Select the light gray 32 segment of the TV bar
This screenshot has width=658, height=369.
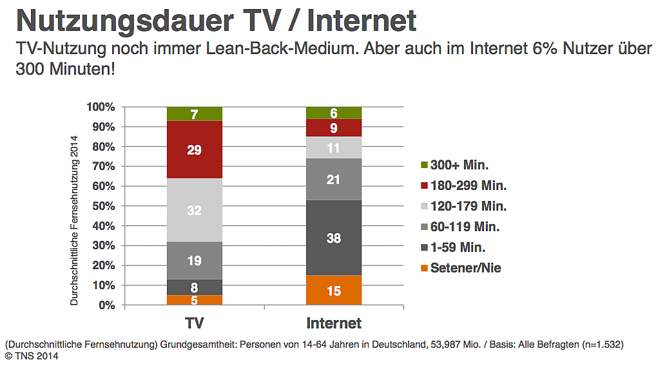tap(194, 210)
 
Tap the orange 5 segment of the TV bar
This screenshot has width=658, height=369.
tap(194, 299)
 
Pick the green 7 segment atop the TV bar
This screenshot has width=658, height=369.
tap(194, 114)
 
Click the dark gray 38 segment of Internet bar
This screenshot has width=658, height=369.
tap(333, 238)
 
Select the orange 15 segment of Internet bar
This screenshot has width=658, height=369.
tap(333, 290)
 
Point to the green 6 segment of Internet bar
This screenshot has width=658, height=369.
tap(333, 113)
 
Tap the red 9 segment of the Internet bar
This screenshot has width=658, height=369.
tap(333, 128)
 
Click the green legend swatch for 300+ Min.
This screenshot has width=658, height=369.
tap(423, 166)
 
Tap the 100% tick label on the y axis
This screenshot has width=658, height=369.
tap(101, 107)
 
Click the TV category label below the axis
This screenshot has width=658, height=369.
tap(194, 322)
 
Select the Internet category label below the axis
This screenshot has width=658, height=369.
tap(334, 322)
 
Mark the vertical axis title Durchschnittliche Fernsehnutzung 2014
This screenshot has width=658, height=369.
tap(74, 220)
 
